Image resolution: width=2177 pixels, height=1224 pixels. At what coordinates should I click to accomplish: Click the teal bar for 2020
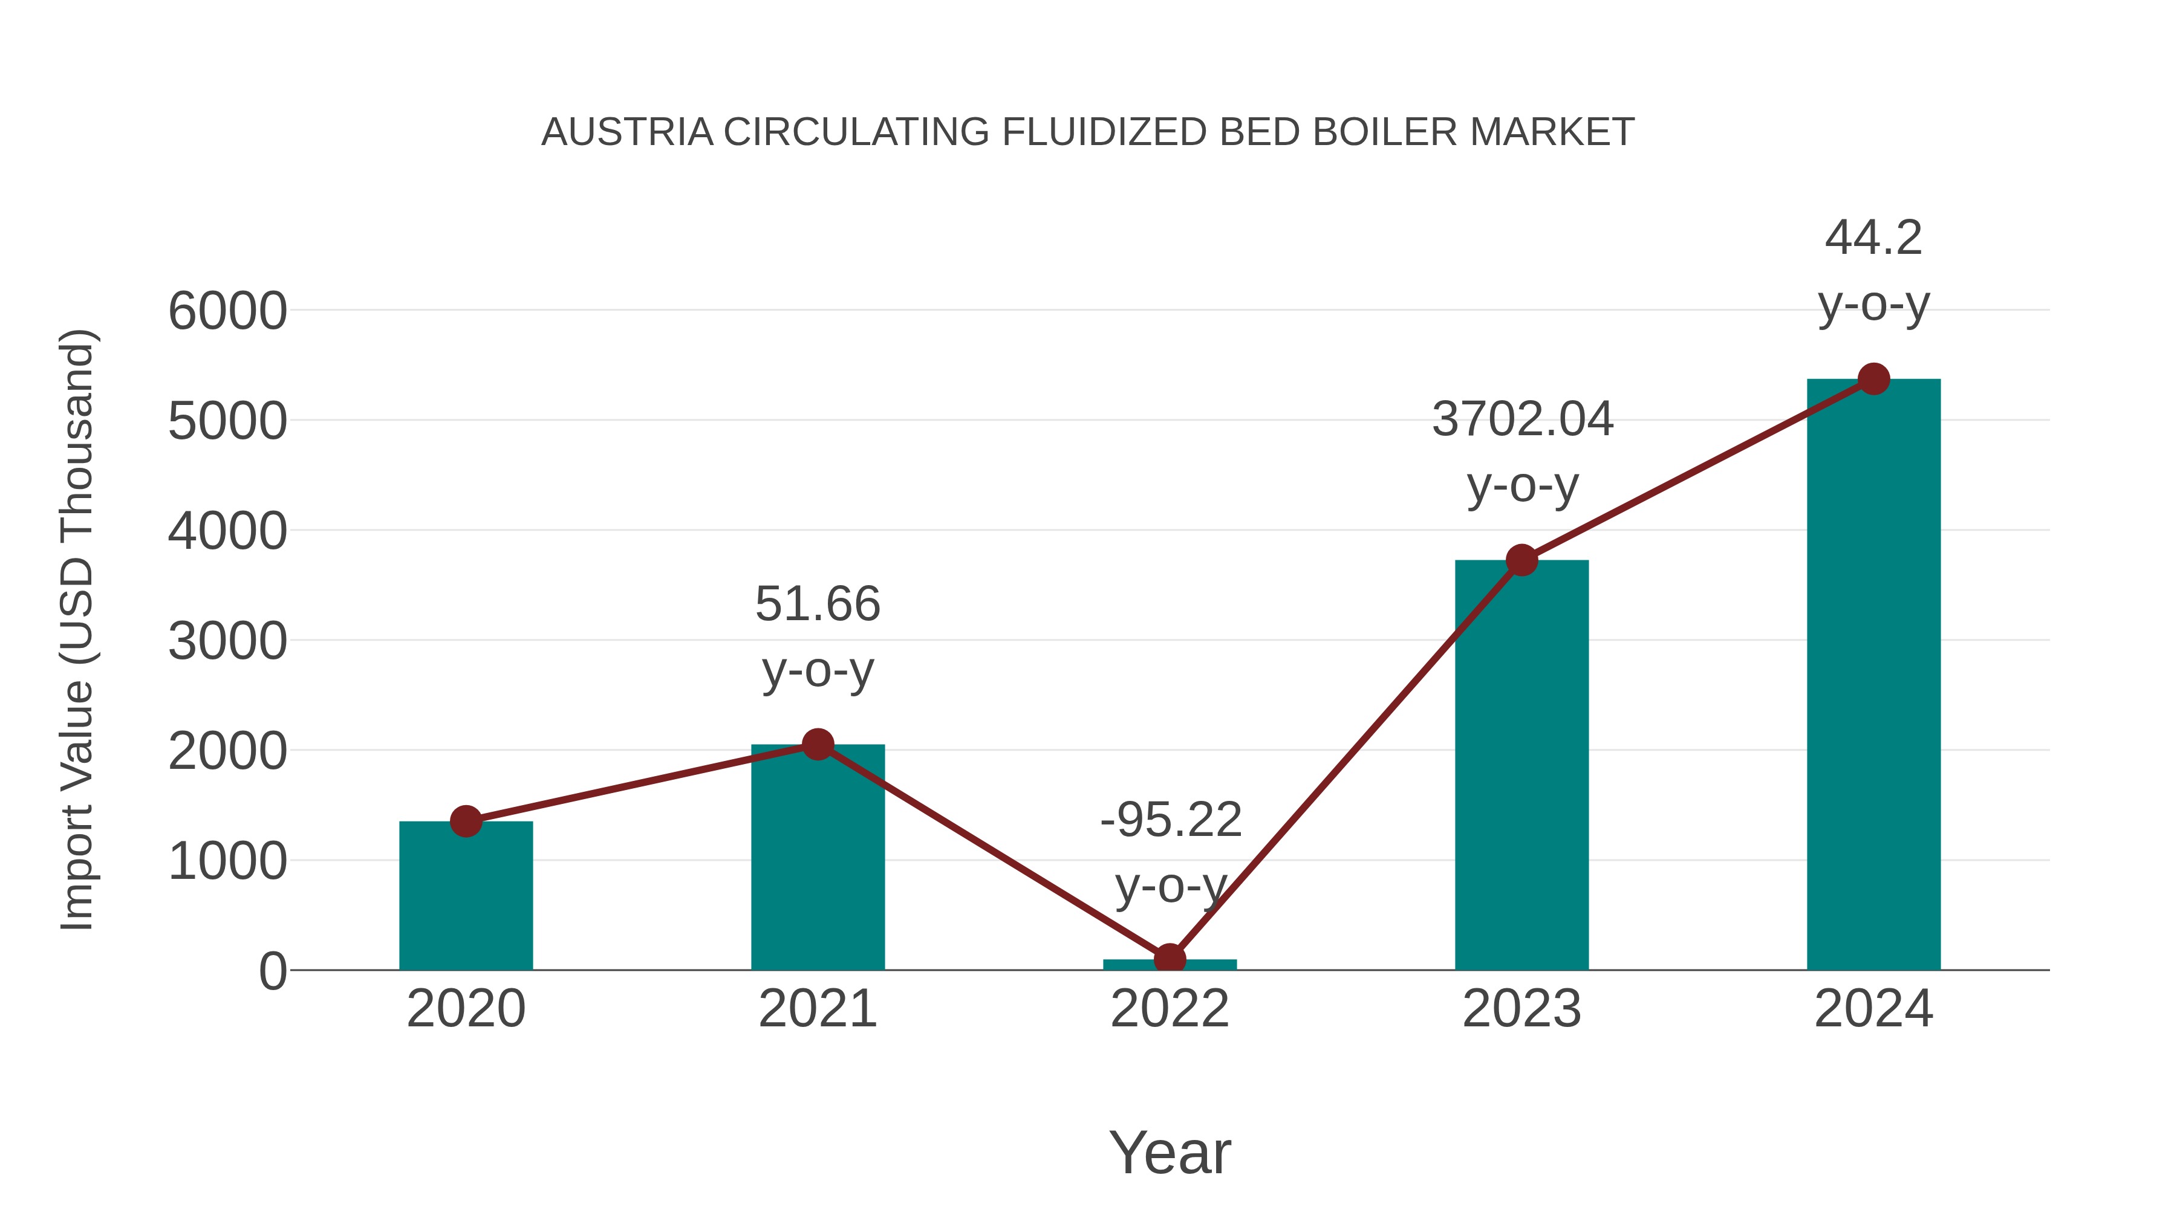click(466, 899)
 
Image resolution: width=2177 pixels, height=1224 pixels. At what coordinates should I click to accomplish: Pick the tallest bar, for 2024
click(1873, 676)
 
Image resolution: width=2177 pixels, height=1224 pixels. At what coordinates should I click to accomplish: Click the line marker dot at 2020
click(466, 821)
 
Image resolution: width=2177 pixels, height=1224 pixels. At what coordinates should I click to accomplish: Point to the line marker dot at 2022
click(1170, 960)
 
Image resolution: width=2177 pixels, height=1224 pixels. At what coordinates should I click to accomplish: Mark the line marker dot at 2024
click(1873, 379)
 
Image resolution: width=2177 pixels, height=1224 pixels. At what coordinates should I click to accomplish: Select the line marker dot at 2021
click(817, 744)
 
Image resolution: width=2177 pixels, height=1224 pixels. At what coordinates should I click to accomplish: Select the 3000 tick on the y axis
click(227, 641)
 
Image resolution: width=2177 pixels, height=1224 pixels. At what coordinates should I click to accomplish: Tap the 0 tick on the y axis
click(272, 971)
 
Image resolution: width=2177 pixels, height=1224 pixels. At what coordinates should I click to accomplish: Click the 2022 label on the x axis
click(1170, 1009)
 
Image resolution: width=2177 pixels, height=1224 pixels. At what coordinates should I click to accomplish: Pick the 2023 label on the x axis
click(1521, 1009)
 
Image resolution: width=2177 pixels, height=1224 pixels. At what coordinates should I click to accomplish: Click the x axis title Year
click(1170, 1152)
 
